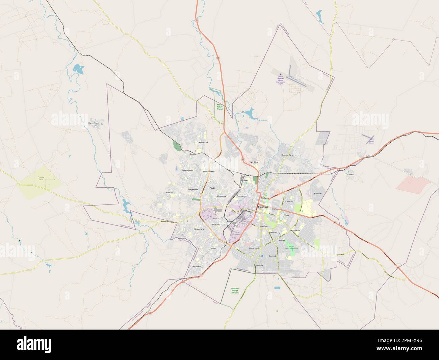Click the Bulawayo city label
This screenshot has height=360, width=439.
coord(263,207)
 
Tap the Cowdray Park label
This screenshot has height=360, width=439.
coord(202,143)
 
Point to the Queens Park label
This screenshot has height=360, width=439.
coord(287,155)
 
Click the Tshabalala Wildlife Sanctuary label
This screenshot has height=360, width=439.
coord(234,290)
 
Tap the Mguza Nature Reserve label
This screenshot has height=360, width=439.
coord(220,107)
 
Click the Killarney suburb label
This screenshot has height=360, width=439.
coord(318,194)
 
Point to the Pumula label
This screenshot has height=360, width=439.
coord(169,192)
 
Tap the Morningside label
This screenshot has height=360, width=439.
coord(254,248)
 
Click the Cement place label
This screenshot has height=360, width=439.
coord(350,174)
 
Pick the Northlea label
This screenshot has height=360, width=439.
coord(254,162)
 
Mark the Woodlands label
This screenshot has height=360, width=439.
coord(295,230)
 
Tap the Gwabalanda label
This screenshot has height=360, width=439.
coord(187,170)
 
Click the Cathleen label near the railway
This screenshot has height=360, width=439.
coord(369,156)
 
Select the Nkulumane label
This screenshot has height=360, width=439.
coord(198,229)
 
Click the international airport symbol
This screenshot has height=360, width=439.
coord(280,74)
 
